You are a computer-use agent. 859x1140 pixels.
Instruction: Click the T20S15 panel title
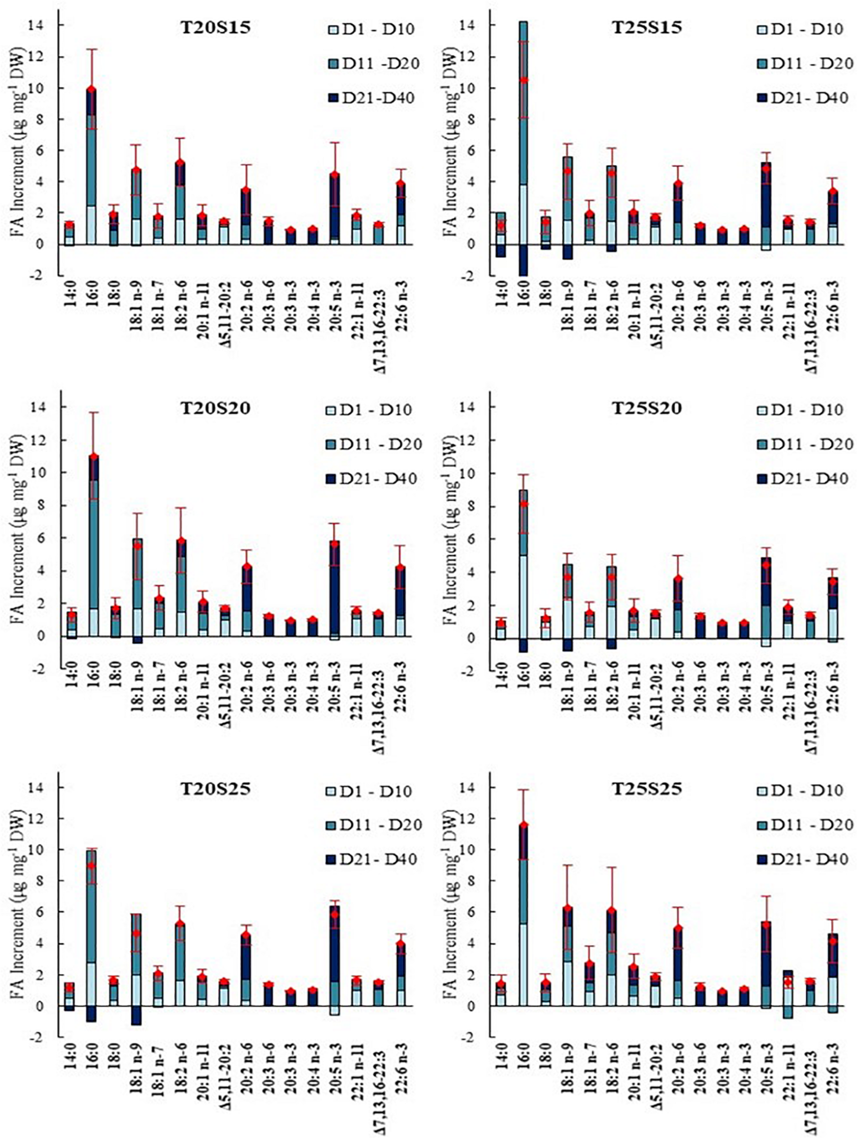(x=215, y=27)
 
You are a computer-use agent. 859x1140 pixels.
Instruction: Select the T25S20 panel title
(x=646, y=408)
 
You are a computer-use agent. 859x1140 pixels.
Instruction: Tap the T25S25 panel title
(x=646, y=788)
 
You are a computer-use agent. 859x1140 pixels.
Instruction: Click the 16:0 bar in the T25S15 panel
(x=523, y=129)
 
